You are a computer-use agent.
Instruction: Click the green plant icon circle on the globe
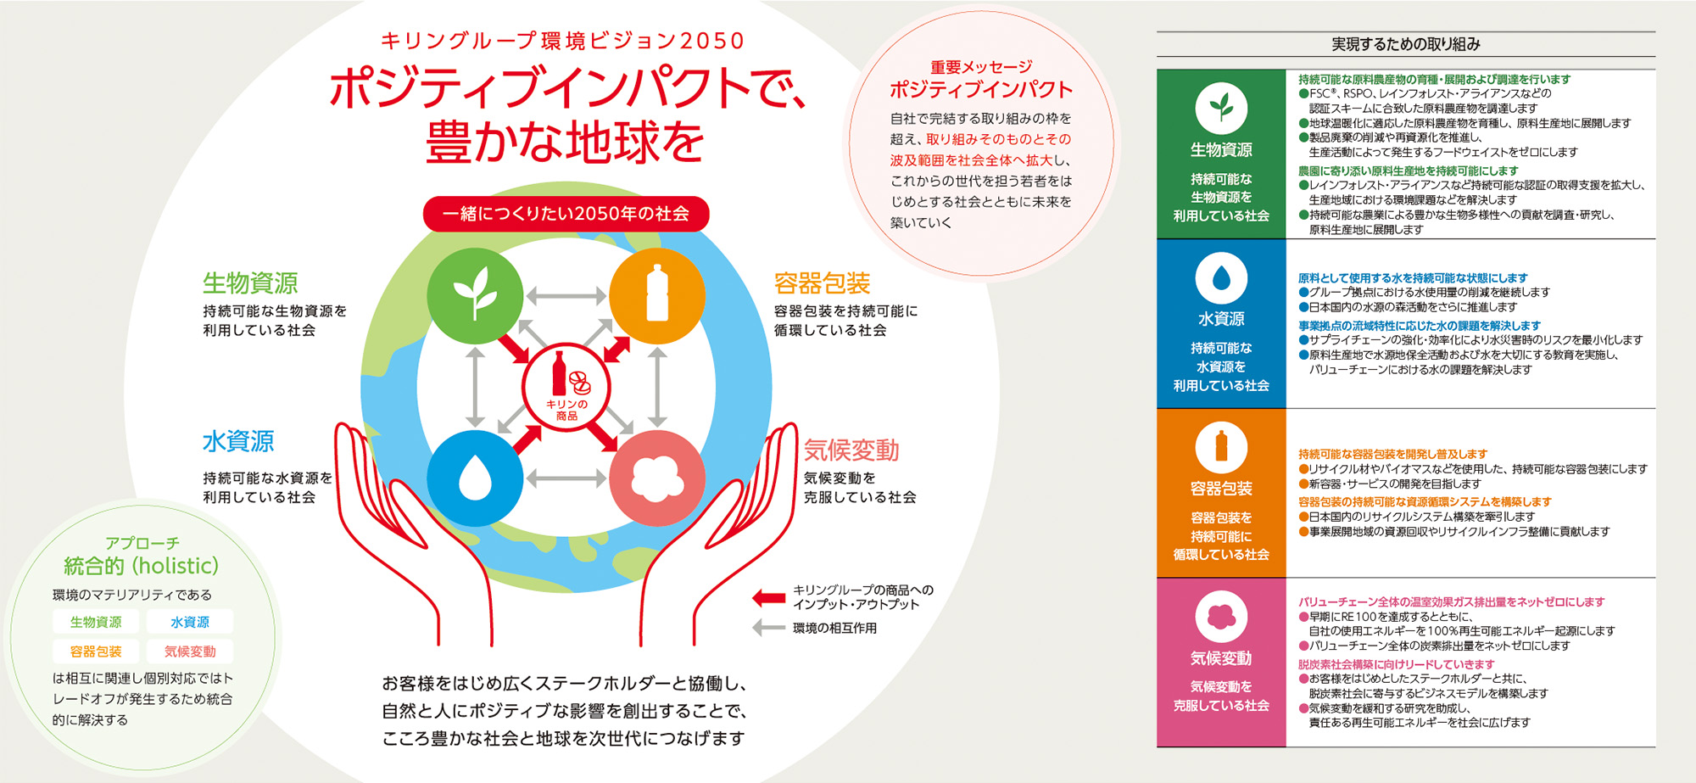475,295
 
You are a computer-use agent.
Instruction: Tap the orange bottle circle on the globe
657,295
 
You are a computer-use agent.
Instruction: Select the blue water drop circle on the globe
475,478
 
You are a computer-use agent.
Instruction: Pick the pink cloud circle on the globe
657,478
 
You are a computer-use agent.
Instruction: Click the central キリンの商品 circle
566,388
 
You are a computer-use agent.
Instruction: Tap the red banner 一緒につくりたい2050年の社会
566,214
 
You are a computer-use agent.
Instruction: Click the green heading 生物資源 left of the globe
250,283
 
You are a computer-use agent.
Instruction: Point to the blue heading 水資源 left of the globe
238,441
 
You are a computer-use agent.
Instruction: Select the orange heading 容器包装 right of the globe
822,283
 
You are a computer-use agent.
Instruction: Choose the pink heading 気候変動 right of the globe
851,450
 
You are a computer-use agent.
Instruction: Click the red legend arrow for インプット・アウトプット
768,598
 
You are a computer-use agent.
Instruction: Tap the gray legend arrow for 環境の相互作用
768,629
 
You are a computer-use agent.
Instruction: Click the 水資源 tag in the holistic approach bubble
190,622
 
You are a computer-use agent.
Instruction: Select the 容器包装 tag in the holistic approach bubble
96,652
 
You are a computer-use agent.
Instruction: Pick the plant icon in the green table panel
1221,108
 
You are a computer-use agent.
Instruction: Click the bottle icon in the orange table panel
1221,446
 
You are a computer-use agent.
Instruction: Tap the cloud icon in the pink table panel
1221,616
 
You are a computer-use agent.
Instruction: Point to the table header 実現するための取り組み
1405,44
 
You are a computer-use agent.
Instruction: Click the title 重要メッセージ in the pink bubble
981,67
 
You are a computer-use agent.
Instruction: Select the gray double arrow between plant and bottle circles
566,296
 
